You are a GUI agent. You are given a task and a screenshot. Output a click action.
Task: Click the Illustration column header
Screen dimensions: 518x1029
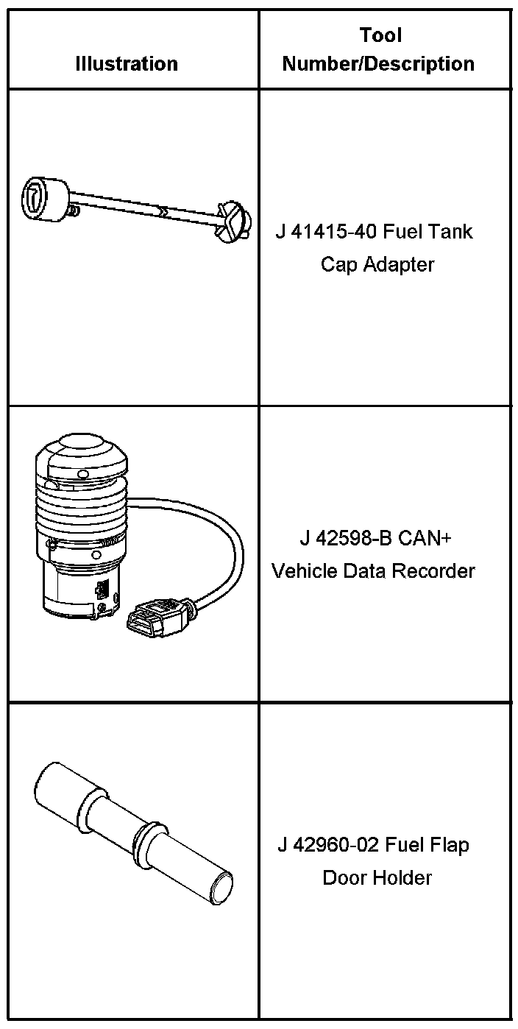click(x=127, y=64)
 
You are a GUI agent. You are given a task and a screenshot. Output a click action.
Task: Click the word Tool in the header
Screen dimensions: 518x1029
click(x=380, y=35)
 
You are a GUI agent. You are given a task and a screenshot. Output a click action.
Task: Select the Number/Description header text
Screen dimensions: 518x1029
click(x=378, y=64)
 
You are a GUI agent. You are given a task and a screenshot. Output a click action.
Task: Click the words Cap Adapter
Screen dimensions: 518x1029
click(x=377, y=264)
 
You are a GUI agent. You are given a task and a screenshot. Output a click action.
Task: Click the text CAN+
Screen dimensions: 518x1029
click(x=425, y=538)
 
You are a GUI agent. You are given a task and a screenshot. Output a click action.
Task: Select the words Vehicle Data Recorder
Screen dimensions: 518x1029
click(x=374, y=570)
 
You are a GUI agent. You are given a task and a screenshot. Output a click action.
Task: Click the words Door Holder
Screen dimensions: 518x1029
click(x=377, y=877)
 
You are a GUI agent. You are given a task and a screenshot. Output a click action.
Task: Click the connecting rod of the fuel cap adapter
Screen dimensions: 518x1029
click(x=147, y=207)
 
